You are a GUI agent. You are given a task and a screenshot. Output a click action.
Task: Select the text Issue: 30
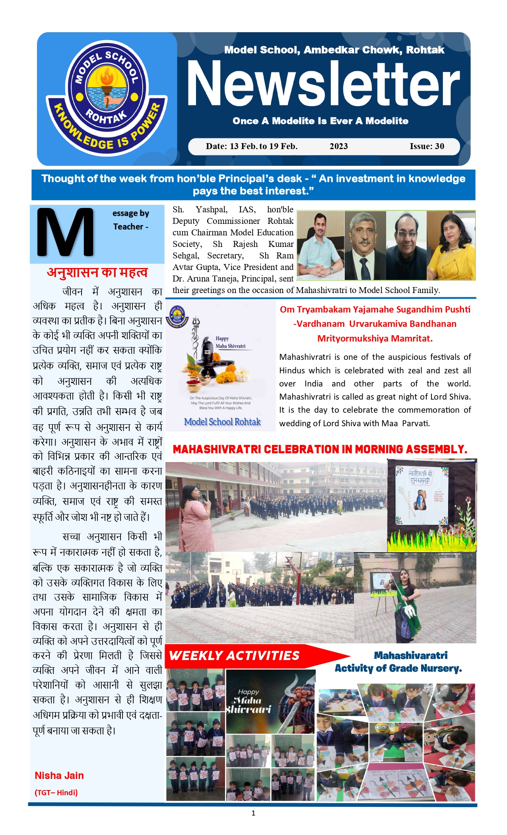tap(427, 146)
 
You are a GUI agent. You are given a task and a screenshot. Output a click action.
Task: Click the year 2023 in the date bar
tap(338, 146)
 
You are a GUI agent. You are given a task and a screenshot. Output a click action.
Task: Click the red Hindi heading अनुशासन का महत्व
tap(97, 273)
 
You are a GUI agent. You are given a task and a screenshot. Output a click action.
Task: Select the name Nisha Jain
tap(59, 775)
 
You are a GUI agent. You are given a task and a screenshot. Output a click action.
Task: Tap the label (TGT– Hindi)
tap(56, 792)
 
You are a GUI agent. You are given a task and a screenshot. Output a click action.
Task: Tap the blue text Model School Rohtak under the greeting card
tap(222, 422)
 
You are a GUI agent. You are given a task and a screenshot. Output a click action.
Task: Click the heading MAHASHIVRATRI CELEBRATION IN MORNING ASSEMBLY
tap(320, 449)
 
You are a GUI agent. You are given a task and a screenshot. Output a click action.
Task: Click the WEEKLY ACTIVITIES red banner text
tap(234, 656)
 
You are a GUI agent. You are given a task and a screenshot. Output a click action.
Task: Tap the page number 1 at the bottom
tap(253, 813)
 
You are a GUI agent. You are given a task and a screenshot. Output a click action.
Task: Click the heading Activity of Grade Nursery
tap(398, 668)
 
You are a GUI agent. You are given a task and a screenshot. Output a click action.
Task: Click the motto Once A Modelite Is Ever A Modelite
tap(321, 121)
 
